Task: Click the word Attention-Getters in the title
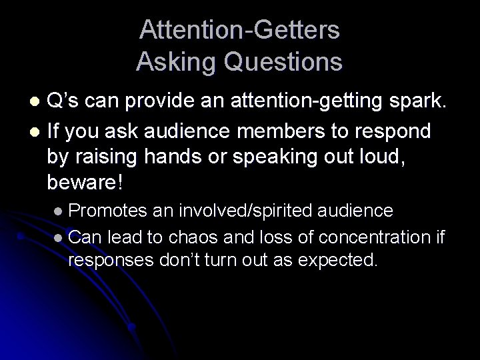[x=240, y=31]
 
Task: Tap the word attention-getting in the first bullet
[x=298, y=101]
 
